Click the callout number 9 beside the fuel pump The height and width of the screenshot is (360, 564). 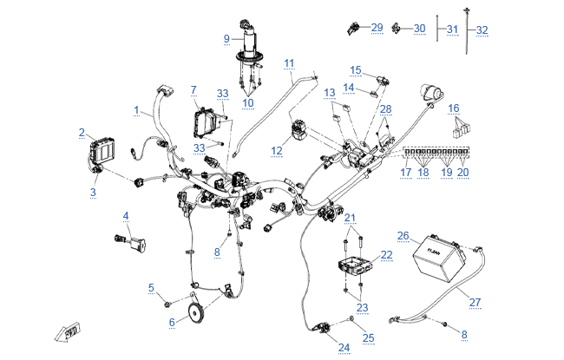(x=226, y=38)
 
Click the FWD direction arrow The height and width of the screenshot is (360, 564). (x=68, y=331)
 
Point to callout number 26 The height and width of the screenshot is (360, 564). (x=403, y=236)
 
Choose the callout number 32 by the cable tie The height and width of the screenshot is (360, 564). (x=482, y=29)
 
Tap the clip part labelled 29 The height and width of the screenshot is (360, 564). (x=353, y=28)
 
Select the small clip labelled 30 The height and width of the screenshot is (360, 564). (x=397, y=28)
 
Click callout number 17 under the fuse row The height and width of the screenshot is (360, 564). (x=406, y=173)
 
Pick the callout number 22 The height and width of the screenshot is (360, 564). (x=386, y=255)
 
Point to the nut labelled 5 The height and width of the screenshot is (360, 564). (x=167, y=304)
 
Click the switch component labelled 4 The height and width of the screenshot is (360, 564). (x=130, y=243)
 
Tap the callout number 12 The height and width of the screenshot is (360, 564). (x=277, y=151)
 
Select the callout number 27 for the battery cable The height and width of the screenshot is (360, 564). (x=475, y=303)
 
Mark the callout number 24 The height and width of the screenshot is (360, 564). (x=344, y=347)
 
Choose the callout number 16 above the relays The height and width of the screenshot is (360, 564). (x=454, y=108)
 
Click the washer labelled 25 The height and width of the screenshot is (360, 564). (x=351, y=318)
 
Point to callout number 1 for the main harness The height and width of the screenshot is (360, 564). (x=136, y=110)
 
